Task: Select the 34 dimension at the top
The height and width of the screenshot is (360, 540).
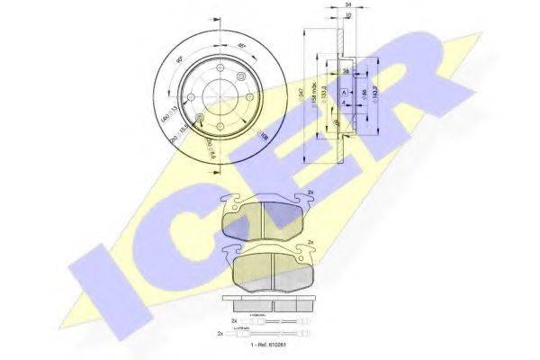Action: click(347, 5)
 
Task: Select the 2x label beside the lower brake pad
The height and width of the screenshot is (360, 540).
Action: click(310, 244)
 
